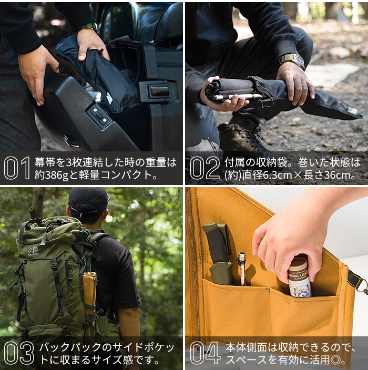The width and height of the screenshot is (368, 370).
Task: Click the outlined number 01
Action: (x=17, y=168)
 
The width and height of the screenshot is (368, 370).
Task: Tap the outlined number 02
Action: (x=205, y=168)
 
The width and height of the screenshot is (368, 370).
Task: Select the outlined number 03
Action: (x=19, y=353)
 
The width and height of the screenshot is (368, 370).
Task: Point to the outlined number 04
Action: (x=205, y=353)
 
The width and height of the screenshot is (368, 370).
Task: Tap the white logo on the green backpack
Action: (x=33, y=250)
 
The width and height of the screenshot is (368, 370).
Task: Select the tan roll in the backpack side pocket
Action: (x=89, y=293)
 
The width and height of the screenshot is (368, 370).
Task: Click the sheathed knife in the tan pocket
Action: (x=218, y=252)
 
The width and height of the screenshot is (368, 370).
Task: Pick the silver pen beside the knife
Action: (x=242, y=269)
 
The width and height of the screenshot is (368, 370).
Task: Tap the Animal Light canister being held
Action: (x=299, y=278)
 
